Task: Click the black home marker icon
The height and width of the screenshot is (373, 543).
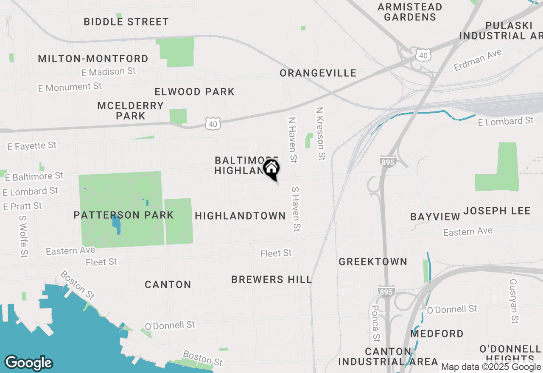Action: (x=271, y=169)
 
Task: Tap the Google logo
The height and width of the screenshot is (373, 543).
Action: (x=28, y=363)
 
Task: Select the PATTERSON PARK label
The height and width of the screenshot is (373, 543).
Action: (x=123, y=215)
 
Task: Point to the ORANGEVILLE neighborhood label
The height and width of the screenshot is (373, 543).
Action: (x=318, y=73)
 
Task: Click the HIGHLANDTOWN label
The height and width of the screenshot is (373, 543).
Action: (x=240, y=216)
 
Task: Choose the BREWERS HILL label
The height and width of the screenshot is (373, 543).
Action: (x=271, y=279)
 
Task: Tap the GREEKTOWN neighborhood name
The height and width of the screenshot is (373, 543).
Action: (x=372, y=262)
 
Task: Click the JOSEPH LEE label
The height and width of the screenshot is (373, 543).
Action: (x=497, y=211)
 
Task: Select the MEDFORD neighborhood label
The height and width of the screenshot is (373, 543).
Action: (x=437, y=334)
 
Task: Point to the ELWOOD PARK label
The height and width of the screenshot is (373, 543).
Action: (x=194, y=92)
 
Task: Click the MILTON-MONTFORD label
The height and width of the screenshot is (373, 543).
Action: (x=93, y=58)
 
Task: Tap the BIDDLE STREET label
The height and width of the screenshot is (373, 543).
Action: (x=126, y=22)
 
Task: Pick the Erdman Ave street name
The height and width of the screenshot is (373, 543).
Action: (x=478, y=60)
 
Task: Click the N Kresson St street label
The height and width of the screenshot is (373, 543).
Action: (x=320, y=134)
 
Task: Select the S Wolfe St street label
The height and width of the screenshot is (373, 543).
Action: (x=23, y=236)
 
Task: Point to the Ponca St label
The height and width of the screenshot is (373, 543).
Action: (x=375, y=323)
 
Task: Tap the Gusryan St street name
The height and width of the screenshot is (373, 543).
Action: (x=514, y=301)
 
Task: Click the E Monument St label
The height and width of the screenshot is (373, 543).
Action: (x=70, y=87)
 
